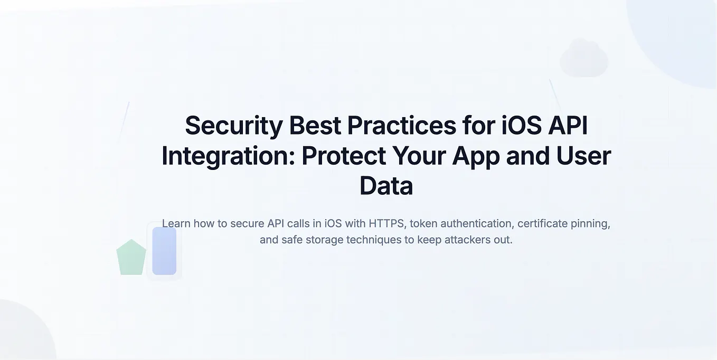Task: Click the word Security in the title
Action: click(234, 126)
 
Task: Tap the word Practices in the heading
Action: click(401, 126)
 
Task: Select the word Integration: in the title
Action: click(228, 156)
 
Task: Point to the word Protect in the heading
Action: click(344, 156)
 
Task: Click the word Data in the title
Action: click(386, 186)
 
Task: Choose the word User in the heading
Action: click(583, 156)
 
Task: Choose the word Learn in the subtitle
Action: click(176, 224)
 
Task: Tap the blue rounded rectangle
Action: click(164, 251)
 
